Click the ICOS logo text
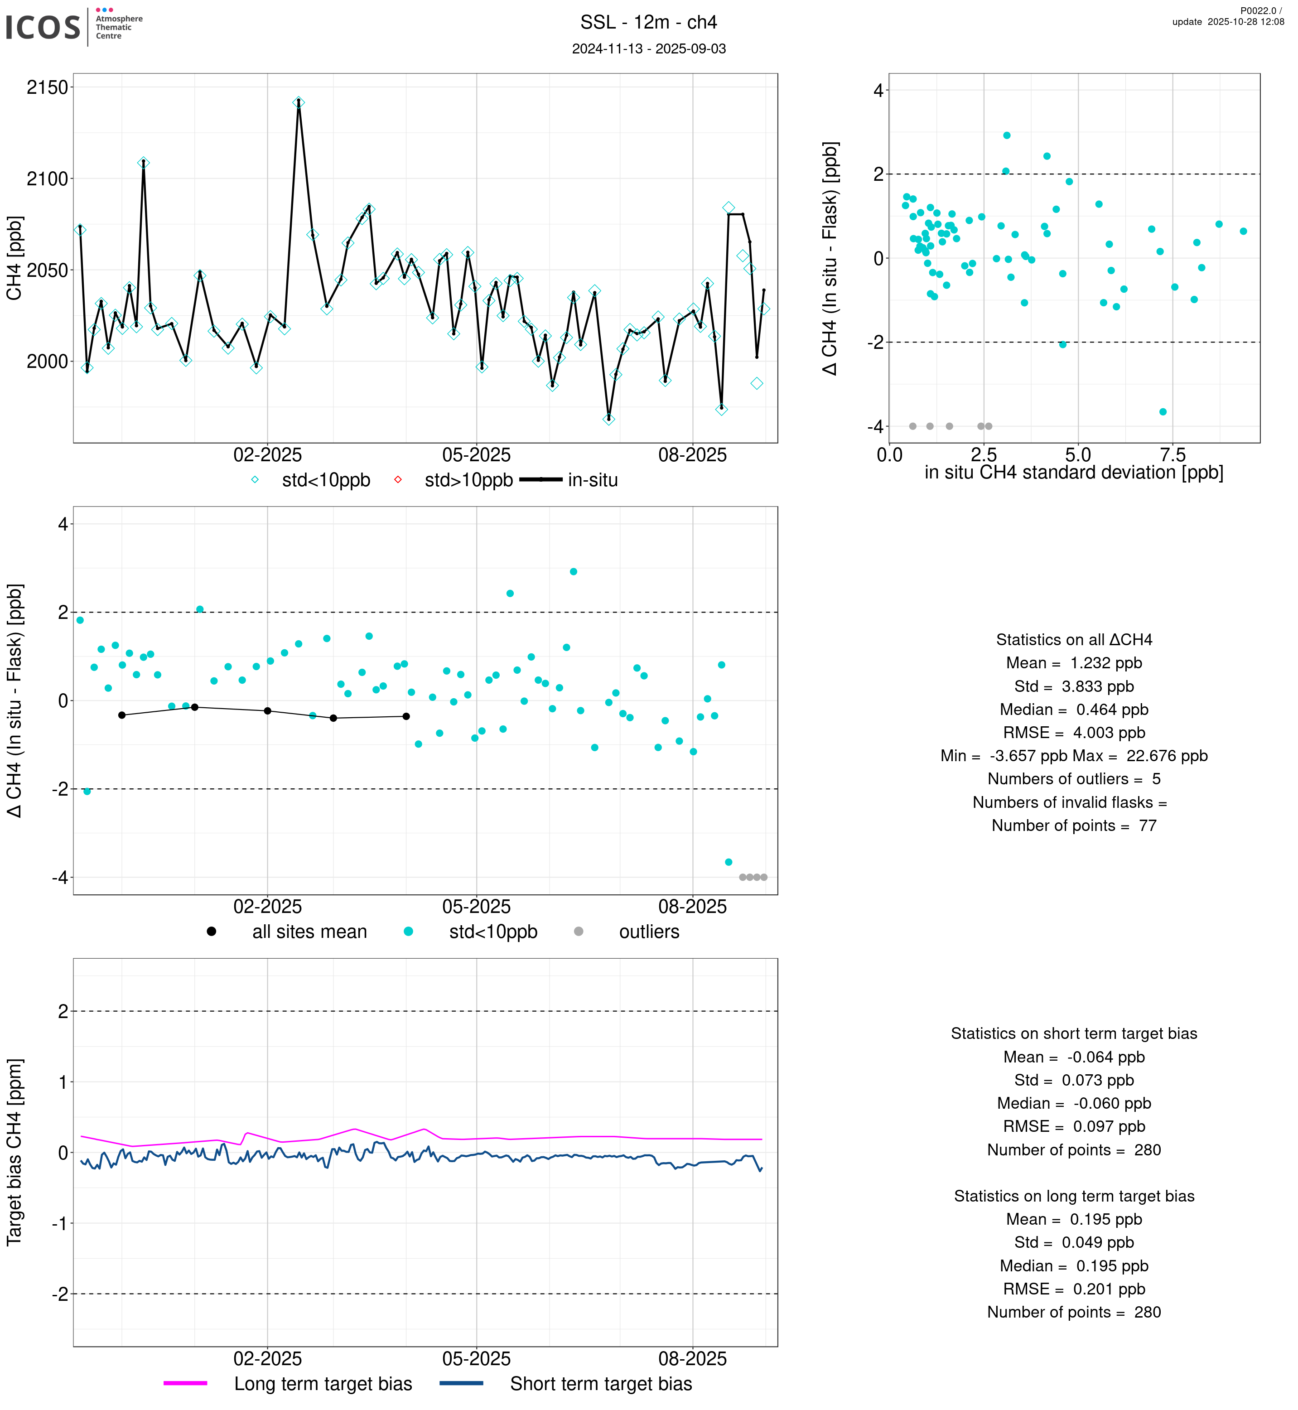point(42,27)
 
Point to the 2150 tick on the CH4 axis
point(47,88)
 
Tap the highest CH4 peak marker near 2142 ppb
point(299,102)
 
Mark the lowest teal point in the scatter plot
point(1163,412)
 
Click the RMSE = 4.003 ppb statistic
point(1073,733)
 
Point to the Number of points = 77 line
point(1073,826)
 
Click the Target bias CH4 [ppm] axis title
point(14,1152)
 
